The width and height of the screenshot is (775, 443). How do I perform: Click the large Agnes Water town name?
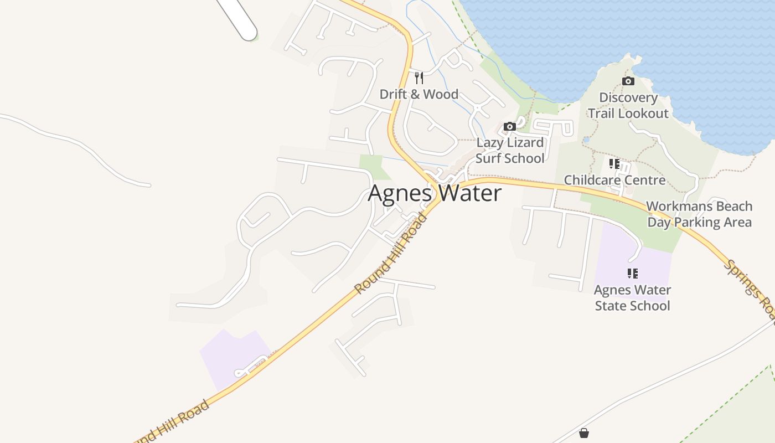click(x=435, y=193)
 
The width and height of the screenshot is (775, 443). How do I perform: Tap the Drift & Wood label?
click(x=418, y=94)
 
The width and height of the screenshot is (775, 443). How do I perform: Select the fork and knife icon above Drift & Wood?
click(x=419, y=78)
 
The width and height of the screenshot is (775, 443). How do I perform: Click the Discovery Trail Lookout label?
click(x=628, y=105)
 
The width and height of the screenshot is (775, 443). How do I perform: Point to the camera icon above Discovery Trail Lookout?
click(x=628, y=81)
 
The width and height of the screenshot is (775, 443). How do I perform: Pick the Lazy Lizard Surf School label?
click(x=510, y=150)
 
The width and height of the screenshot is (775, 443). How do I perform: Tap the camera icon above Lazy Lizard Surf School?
click(x=510, y=127)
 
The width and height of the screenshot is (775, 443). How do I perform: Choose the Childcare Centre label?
click(x=614, y=180)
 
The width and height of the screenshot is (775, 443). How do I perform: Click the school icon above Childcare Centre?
click(x=614, y=164)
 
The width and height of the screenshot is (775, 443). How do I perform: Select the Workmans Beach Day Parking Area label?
click(x=699, y=214)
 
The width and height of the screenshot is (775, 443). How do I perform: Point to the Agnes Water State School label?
click(x=632, y=298)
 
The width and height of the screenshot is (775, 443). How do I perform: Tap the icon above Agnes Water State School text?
click(x=632, y=274)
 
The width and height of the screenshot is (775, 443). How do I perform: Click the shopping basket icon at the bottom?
click(x=583, y=433)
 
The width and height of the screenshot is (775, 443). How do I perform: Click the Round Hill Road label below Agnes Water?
click(x=391, y=253)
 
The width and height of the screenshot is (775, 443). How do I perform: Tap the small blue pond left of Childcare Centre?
click(x=586, y=140)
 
